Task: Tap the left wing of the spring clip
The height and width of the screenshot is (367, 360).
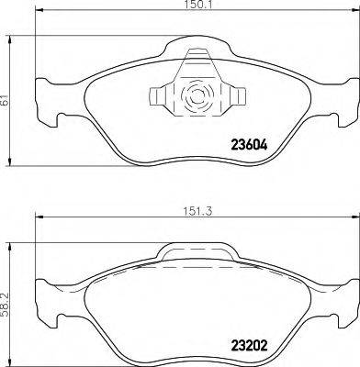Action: pyautogui.click(x=162, y=95)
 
